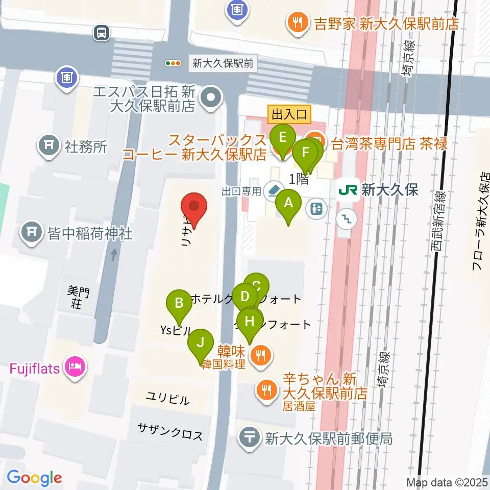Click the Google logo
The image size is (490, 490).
[34, 478]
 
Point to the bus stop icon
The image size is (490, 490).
[102, 33]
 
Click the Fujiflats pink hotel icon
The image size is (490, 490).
[76, 366]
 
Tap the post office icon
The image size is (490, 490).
[250, 437]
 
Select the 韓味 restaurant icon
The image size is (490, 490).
[261, 354]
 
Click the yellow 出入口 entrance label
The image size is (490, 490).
[289, 114]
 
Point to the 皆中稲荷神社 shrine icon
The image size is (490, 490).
[32, 233]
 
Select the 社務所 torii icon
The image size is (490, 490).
[50, 146]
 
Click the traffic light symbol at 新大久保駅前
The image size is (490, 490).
[173, 63]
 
